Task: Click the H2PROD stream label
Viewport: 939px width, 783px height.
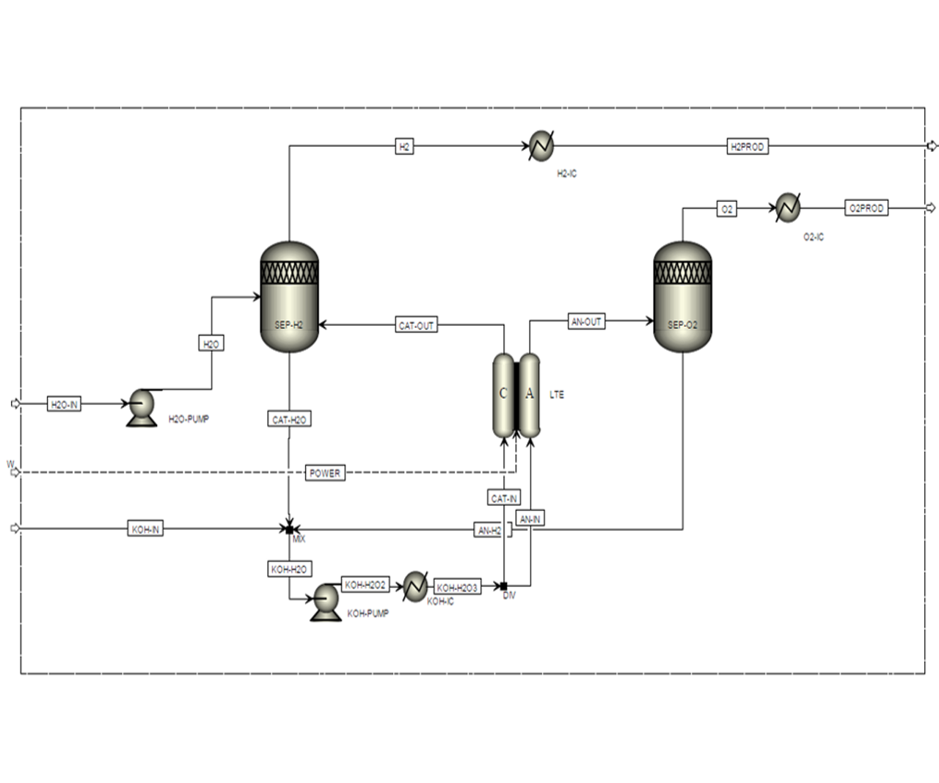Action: coord(748,147)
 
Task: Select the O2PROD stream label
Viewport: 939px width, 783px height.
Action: coord(866,208)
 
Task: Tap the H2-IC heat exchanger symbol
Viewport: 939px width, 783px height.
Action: coord(541,146)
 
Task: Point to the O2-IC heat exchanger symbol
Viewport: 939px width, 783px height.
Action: coord(788,208)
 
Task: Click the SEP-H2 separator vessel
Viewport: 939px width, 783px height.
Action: coord(290,297)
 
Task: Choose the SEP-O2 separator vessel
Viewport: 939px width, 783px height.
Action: coord(682,297)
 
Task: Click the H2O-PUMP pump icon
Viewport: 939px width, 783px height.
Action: coord(141,406)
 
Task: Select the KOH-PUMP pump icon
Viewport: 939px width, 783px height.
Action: coord(325,602)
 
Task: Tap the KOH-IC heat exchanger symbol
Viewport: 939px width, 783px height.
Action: coord(415,586)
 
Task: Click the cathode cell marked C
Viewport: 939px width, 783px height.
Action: coord(503,395)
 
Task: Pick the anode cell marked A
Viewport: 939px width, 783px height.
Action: coord(530,395)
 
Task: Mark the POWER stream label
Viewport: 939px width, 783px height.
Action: coord(325,473)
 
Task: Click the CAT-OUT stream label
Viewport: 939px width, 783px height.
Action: coord(416,325)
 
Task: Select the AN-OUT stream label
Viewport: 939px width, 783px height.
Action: coord(587,321)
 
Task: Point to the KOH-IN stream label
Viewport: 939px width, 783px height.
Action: coord(145,529)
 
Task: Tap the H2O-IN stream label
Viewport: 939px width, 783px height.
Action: coord(65,404)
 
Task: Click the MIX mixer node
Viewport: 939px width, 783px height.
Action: coord(290,529)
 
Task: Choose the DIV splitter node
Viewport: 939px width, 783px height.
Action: coord(504,586)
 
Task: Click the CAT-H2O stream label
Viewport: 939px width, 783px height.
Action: coord(289,420)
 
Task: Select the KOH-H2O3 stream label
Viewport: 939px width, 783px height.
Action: coord(457,588)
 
